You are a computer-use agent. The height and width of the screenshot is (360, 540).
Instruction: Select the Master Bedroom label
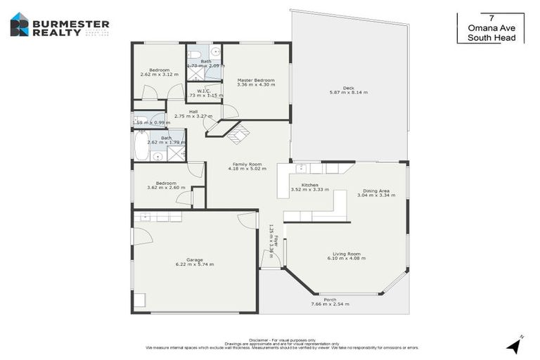tap(255, 80)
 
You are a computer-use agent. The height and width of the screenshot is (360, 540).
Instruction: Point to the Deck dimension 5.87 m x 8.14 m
tap(349, 92)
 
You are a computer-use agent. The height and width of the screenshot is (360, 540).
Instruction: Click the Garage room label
tap(194, 259)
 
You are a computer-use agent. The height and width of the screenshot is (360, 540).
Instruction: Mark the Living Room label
tap(347, 254)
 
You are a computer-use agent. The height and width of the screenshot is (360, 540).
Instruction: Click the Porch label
tap(330, 300)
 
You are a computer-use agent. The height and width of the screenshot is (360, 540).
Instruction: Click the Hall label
tap(193, 111)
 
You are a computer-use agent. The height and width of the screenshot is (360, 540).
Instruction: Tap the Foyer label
tap(276, 240)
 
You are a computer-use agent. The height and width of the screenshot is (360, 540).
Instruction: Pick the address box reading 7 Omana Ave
tap(496, 27)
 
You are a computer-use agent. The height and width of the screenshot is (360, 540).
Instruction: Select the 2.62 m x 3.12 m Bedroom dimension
tap(159, 75)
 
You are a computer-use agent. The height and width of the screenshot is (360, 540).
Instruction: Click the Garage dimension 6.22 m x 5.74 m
tap(194, 264)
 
